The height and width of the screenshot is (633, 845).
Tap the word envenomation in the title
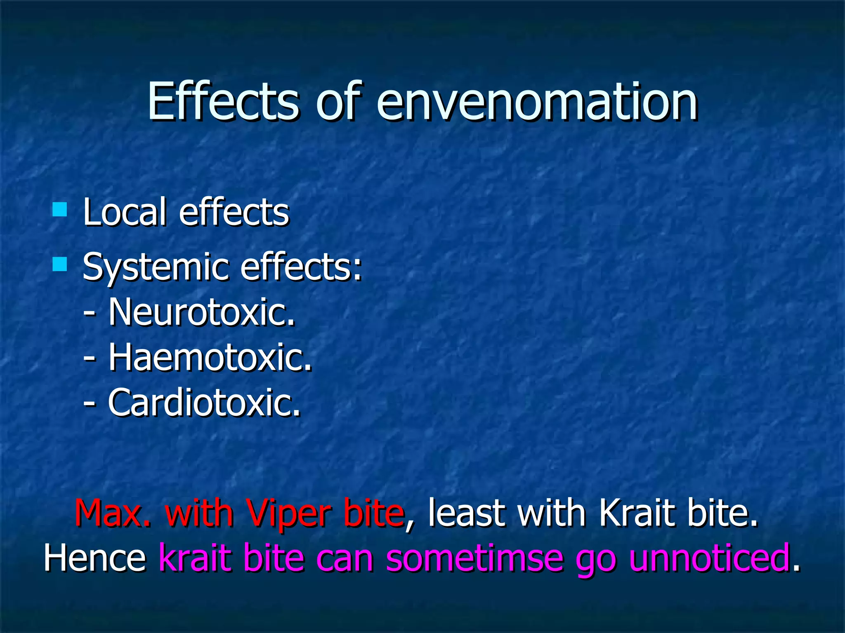coord(536,102)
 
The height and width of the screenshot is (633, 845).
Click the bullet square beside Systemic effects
coord(60,264)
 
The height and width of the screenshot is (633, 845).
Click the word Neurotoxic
coord(202,312)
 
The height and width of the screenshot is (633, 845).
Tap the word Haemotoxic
coord(210,357)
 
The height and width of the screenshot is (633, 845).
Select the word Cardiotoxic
coord(204,403)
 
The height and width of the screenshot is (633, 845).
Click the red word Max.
coord(113,513)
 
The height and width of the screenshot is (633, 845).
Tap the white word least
coord(466,513)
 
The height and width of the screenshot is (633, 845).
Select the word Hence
coord(95,558)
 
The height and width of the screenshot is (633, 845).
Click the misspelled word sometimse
coord(474,558)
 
